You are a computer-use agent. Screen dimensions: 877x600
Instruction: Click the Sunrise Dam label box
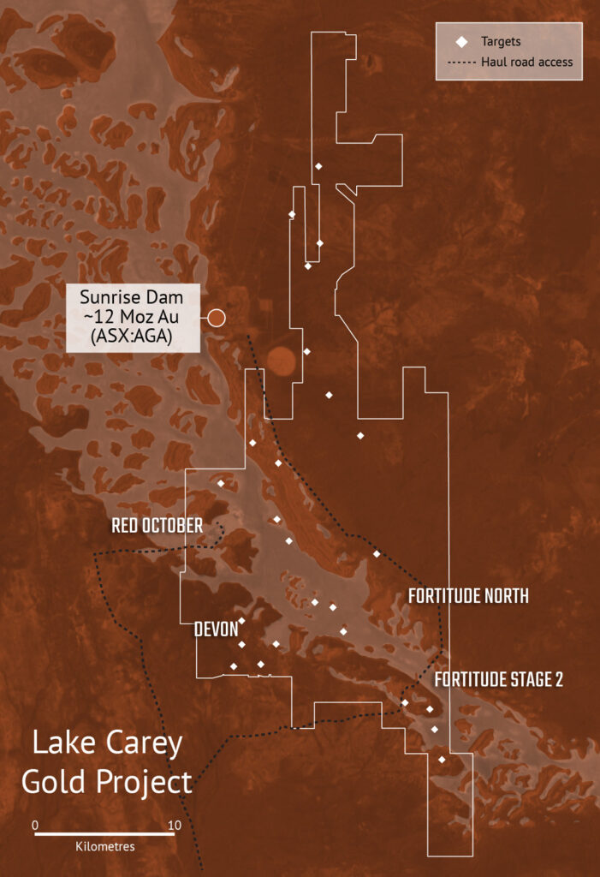[x=133, y=318]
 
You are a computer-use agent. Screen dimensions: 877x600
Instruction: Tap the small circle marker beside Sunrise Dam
[x=217, y=318]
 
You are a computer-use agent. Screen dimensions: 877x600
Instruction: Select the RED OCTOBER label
[x=157, y=525]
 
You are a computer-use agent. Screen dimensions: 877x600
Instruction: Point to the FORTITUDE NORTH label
[x=467, y=596]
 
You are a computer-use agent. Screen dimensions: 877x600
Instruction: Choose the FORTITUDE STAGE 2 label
[x=498, y=680]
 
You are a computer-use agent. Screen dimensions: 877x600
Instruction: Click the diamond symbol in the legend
[x=461, y=41]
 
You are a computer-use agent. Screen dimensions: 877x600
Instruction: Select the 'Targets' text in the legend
[x=501, y=41]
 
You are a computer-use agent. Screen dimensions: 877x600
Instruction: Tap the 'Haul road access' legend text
[x=526, y=62]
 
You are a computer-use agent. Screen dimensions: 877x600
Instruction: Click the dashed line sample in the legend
[x=461, y=62]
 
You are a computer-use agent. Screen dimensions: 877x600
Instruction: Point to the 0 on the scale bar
[x=35, y=825]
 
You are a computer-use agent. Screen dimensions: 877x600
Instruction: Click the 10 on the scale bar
[x=174, y=825]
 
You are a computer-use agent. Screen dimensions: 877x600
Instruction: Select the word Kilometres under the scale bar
[x=105, y=846]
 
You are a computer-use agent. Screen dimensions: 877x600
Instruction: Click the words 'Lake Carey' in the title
[x=107, y=743]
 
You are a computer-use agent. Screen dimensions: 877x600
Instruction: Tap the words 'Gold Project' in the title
[x=107, y=781]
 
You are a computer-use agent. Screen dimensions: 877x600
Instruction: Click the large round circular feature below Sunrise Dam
[x=282, y=362]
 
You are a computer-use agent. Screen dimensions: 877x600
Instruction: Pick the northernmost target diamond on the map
[x=318, y=166]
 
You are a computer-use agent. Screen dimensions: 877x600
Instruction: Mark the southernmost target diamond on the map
[x=442, y=760]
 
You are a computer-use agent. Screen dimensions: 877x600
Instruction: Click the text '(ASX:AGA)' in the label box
[x=133, y=337]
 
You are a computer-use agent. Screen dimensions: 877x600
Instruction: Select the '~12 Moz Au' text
[x=133, y=318]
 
